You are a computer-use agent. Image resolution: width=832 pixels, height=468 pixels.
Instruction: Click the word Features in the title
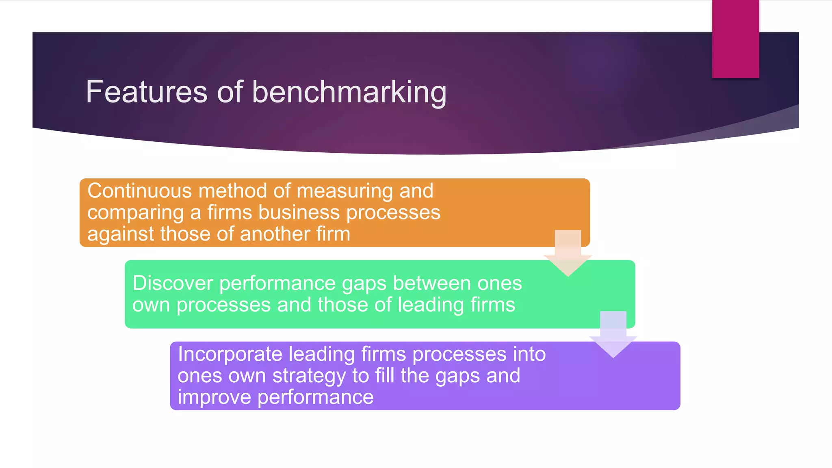click(x=147, y=92)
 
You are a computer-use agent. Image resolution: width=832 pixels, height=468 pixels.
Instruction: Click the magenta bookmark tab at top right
click(x=735, y=39)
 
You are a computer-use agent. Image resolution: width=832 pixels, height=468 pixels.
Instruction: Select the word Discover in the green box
click(x=173, y=283)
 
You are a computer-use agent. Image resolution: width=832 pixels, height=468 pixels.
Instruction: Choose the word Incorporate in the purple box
click(x=230, y=354)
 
